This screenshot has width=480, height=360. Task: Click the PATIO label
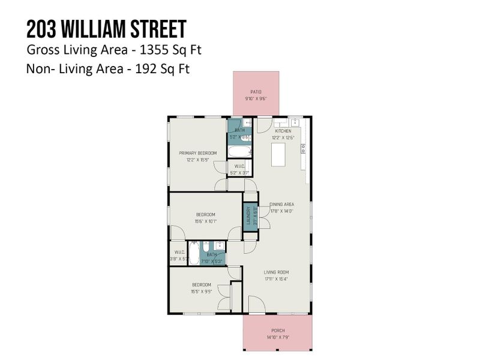[x=256, y=92]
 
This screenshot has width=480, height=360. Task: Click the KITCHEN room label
[x=283, y=131]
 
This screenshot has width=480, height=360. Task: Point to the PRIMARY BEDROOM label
[x=197, y=153]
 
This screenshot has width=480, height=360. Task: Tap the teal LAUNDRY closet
[x=247, y=216]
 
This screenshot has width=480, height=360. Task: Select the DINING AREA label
[x=281, y=204]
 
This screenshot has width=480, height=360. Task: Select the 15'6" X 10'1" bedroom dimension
[x=206, y=221]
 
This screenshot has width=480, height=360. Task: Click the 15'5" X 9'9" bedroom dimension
[x=201, y=291]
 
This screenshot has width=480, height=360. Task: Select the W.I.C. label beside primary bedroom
[x=239, y=166]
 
